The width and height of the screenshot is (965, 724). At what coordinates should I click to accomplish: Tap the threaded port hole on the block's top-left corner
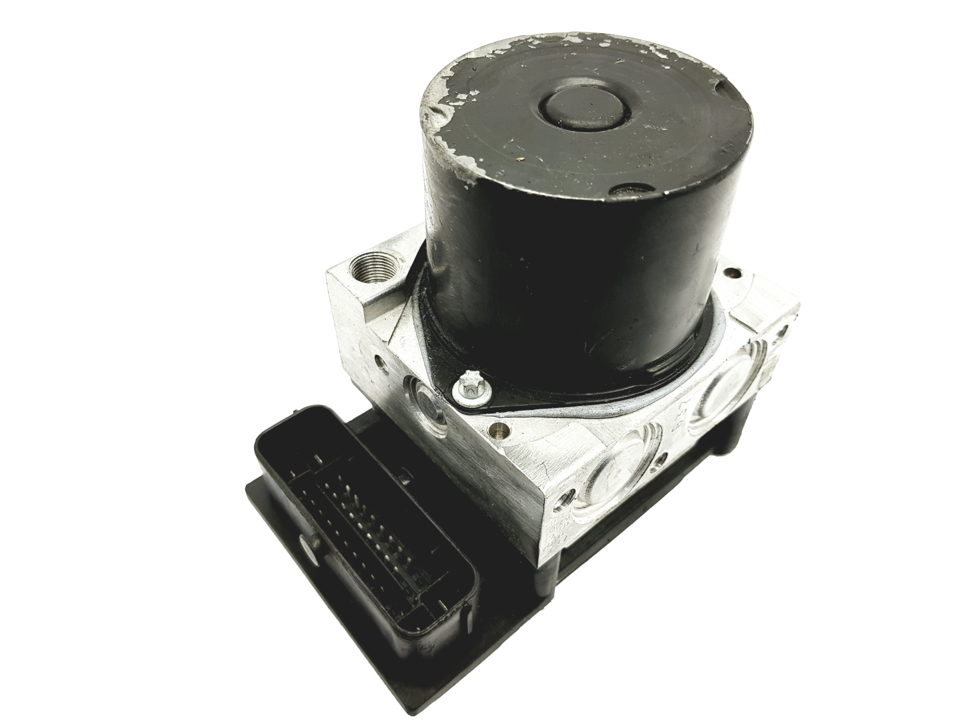[x=368, y=264]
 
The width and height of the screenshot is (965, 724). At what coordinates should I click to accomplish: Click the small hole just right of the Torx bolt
[x=497, y=430]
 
